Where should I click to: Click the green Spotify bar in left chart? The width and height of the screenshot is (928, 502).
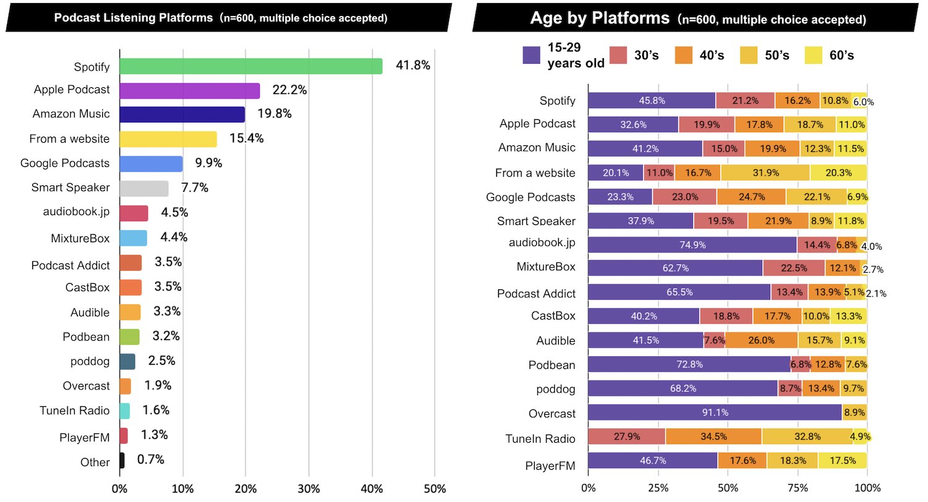pyautogui.click(x=251, y=66)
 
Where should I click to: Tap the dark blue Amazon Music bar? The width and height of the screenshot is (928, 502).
pyautogui.click(x=182, y=114)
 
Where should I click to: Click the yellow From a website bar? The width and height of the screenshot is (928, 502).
pyautogui.click(x=168, y=139)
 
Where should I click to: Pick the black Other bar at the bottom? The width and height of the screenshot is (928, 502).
pyautogui.click(x=122, y=461)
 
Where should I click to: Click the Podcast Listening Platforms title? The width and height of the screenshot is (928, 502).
pyautogui.click(x=220, y=18)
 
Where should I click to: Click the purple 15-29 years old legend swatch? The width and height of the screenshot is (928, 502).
pyautogui.click(x=532, y=56)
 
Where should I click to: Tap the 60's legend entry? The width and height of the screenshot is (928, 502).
pyautogui.click(x=829, y=56)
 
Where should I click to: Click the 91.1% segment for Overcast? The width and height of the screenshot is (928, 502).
pyautogui.click(x=715, y=414)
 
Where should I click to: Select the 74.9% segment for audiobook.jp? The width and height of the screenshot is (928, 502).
pyautogui.click(x=692, y=245)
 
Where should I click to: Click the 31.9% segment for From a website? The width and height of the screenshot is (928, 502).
pyautogui.click(x=765, y=173)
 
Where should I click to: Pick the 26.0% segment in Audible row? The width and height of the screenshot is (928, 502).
pyautogui.click(x=761, y=341)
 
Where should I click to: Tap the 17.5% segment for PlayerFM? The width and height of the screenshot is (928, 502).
pyautogui.click(x=842, y=461)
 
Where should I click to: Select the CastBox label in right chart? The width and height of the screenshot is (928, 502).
pyautogui.click(x=552, y=316)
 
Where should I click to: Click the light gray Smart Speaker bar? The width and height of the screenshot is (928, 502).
pyautogui.click(x=144, y=189)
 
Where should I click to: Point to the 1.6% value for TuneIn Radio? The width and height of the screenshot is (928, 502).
pyautogui.click(x=156, y=411)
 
